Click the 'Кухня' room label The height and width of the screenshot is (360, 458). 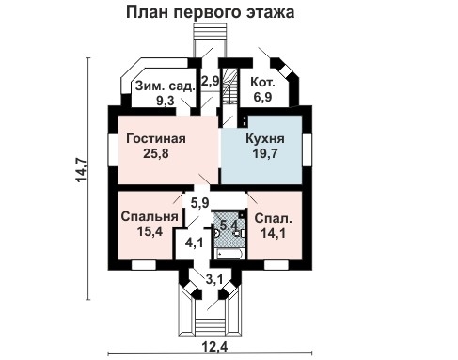click(x=264, y=139)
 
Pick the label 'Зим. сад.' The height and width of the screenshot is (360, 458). click(x=165, y=85)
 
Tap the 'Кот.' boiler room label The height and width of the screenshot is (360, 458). click(x=262, y=84)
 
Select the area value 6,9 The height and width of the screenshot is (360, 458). click(x=262, y=98)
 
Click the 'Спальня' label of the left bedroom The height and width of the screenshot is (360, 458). click(x=150, y=215)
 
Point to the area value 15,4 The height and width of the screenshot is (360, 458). click(x=150, y=230)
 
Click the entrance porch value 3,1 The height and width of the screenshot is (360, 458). click(x=214, y=278)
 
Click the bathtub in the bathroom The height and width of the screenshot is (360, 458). click(x=229, y=252)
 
